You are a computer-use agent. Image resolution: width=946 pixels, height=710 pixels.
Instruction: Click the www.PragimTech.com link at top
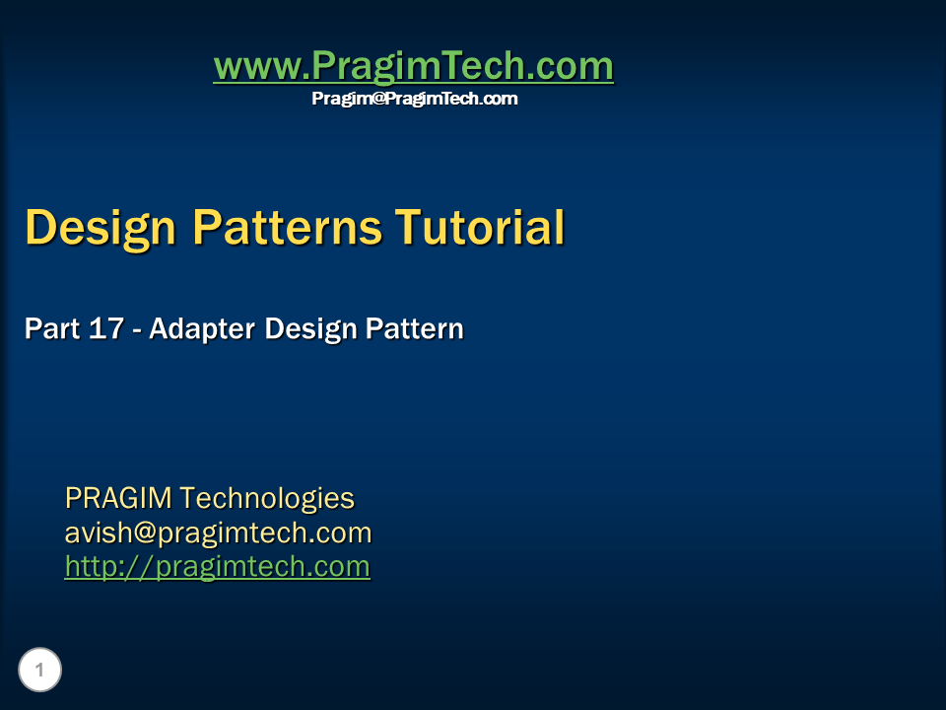pos(413,67)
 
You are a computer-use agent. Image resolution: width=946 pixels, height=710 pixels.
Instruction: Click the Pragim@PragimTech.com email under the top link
pos(414,99)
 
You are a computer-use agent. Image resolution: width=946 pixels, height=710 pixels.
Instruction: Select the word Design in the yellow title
pos(101,227)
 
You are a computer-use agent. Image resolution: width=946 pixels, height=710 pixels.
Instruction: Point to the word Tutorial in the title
pos(480,227)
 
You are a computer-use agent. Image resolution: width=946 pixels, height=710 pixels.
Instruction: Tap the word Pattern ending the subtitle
pos(415,328)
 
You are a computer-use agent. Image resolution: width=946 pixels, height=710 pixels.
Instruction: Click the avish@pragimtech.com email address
pos(218,533)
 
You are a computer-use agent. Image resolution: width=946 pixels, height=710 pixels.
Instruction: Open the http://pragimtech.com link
pos(217,567)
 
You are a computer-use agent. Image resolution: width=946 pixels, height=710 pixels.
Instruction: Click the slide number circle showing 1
pos(40,671)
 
